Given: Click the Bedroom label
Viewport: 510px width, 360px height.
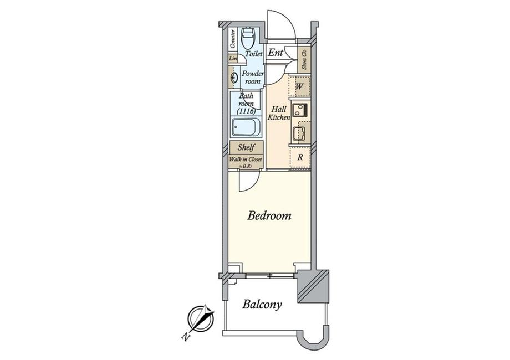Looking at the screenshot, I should click(x=269, y=215).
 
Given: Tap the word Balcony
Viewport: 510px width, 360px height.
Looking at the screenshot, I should click(x=262, y=304).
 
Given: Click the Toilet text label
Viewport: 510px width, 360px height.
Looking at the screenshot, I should click(x=254, y=54).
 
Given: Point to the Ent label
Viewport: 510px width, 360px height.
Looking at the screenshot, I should click(x=276, y=53).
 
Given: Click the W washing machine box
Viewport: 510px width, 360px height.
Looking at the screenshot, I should click(x=299, y=87).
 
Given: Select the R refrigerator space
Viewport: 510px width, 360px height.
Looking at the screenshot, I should click(x=299, y=157).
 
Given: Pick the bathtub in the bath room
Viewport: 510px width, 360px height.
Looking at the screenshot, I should click(x=244, y=130).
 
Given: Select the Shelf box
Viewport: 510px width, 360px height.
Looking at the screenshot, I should click(x=246, y=148).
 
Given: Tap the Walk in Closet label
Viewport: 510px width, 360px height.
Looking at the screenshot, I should click(x=246, y=161).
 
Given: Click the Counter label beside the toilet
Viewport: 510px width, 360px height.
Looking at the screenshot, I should click(x=232, y=39).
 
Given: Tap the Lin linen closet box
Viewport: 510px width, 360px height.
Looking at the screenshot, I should click(x=233, y=59).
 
